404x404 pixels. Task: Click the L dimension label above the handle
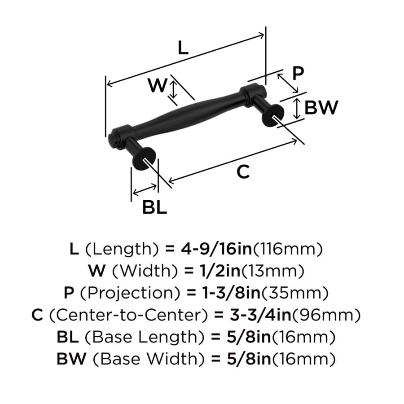tap(183, 48)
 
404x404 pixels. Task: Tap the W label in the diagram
tap(158, 85)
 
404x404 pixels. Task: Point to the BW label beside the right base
tap(321, 107)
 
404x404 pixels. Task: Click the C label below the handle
tap(243, 172)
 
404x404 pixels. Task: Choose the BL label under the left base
tap(154, 207)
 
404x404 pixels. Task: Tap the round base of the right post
tap(272, 116)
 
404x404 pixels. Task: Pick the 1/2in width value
tap(220, 271)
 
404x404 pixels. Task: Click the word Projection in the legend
tap(130, 293)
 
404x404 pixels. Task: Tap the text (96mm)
tap(326, 315)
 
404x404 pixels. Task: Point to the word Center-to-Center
tap(128, 315)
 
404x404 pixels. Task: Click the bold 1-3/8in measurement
tap(231, 293)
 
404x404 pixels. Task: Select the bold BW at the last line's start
tap(71, 359)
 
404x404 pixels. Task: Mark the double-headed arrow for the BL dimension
tap(145, 189)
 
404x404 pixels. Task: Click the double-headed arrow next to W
tap(174, 88)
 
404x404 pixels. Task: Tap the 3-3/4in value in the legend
tap(260, 315)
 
